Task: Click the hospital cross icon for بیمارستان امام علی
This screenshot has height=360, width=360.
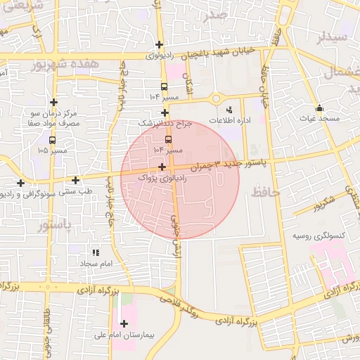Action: tap(124, 324)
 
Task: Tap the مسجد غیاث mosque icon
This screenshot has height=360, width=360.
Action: tap(320, 108)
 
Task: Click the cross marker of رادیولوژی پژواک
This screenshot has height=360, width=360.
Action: tap(162, 167)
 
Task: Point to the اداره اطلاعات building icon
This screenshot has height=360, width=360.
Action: tap(229, 109)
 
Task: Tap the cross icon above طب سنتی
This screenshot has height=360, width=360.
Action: tap(75, 180)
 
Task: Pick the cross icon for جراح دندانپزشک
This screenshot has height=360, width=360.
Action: tap(165, 112)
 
